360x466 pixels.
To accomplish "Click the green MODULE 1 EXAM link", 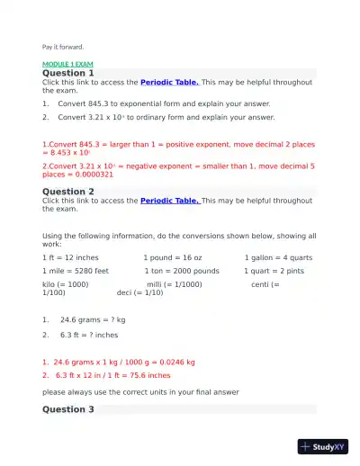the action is coord(68,65).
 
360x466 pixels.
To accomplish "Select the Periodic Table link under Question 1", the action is coord(170,83).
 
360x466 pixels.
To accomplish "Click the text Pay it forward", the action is coord(63,47).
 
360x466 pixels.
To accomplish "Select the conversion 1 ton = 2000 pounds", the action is coord(181,270).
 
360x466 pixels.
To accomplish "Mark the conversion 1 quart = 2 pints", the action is coord(274,270).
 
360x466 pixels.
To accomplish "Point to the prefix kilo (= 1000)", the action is coord(66,284).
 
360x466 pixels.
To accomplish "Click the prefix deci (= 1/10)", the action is coord(140,292).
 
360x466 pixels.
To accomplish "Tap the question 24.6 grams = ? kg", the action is coord(93,319).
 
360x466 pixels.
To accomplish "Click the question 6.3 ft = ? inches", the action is coord(89,335).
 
